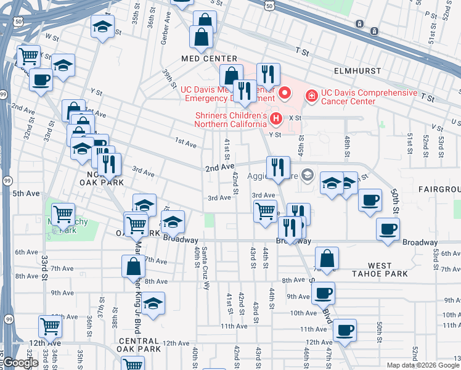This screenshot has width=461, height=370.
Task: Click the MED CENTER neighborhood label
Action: pos(200,59)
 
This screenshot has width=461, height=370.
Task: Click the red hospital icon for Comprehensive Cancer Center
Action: pos(312,96)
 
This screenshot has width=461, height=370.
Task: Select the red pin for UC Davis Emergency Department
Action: pos(285,94)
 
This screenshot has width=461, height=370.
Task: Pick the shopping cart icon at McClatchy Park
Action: pos(63,215)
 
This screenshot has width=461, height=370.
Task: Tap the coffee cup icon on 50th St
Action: pos(370,200)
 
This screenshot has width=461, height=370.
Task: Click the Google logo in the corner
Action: pos(21,363)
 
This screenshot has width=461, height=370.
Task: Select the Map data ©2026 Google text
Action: pos(422,365)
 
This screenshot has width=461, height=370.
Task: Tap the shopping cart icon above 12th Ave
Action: pos(50,326)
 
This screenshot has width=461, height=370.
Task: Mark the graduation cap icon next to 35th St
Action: pos(103,27)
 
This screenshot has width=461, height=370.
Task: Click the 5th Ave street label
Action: pos(26,193)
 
